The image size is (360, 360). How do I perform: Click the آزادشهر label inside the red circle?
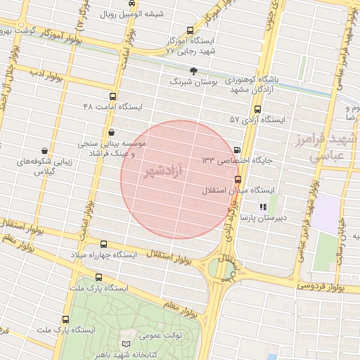165,171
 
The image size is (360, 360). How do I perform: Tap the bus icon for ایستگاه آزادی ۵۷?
257,109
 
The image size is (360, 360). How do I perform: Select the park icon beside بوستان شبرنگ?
195,71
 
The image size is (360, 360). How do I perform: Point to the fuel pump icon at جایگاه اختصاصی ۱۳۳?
236,150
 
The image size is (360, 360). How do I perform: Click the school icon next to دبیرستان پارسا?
262,207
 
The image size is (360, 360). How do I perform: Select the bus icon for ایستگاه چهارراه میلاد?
105,243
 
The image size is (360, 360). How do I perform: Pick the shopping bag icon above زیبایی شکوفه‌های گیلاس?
45,150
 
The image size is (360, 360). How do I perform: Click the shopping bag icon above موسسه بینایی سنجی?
112,132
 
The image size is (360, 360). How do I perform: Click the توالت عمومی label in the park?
163,335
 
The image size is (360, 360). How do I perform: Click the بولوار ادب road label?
46,75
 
